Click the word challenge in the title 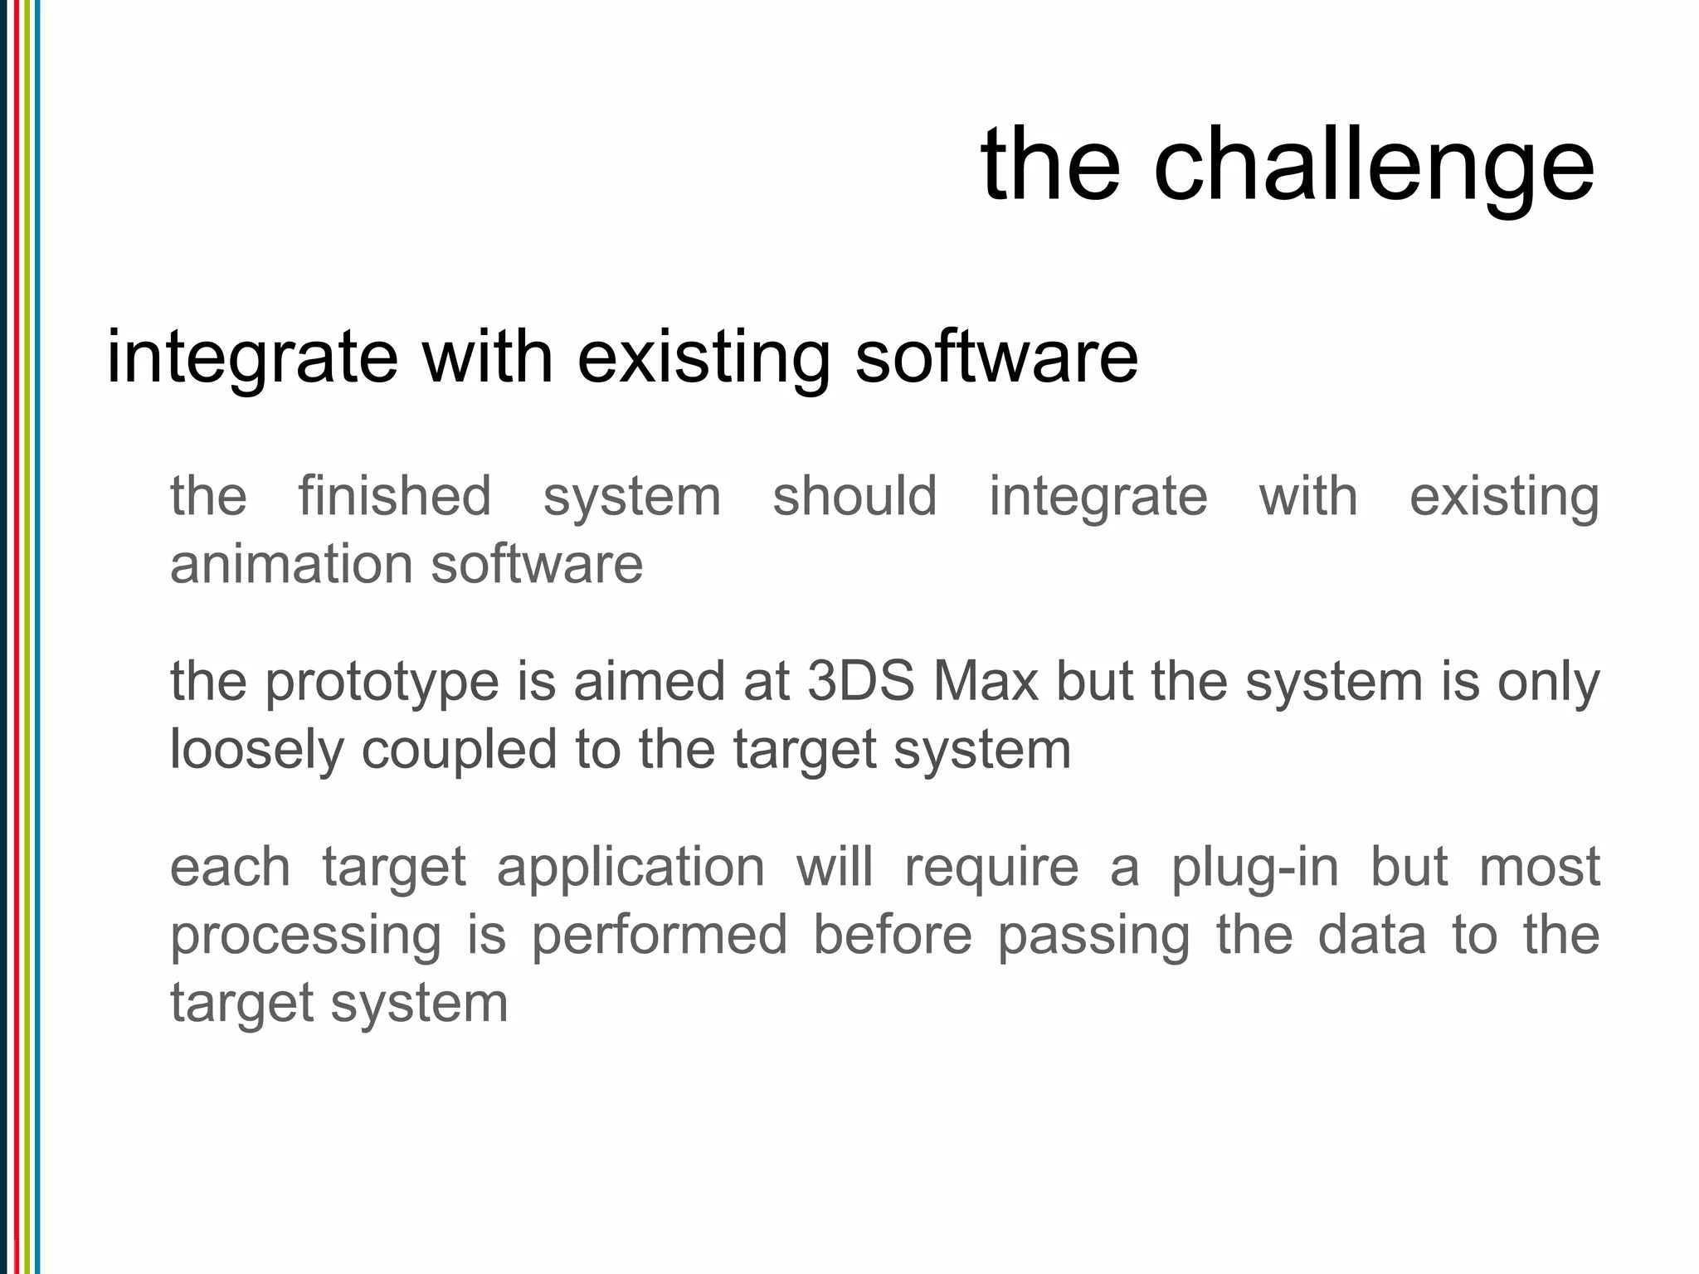click(1373, 163)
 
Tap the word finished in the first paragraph click(395, 496)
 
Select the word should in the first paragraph click(854, 496)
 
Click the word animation click(292, 564)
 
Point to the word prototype click(382, 682)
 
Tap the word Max click(986, 682)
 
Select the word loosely click(256, 750)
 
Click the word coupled click(459, 750)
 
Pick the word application click(630, 868)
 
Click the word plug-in click(1255, 868)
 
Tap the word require click(991, 868)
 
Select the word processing click(305, 936)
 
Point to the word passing click(1093, 936)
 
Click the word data click(1372, 936)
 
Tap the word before click(892, 936)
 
